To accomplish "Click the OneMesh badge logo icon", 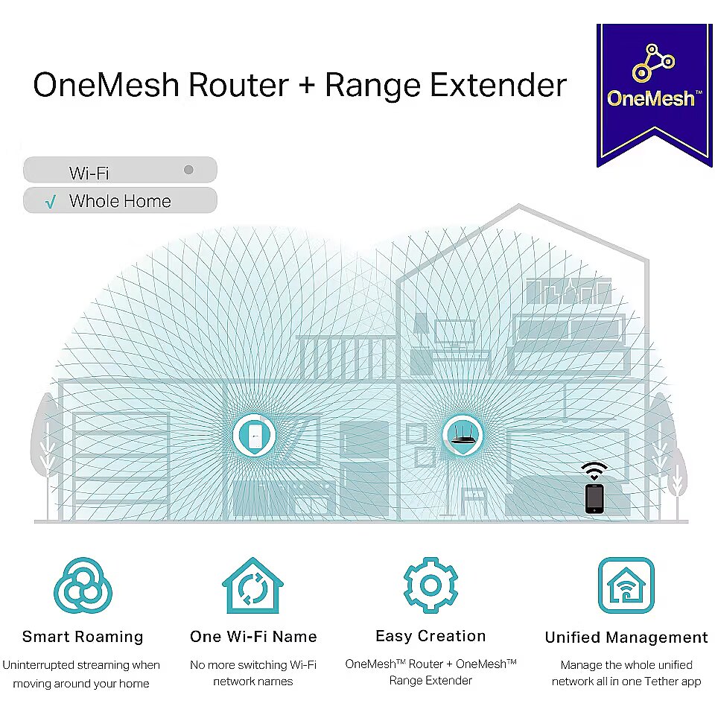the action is (x=653, y=63).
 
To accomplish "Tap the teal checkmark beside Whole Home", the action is (x=51, y=202).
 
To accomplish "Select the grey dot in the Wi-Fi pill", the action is (x=188, y=170).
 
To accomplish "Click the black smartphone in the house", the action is (x=594, y=499).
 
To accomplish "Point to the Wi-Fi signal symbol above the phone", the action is (x=594, y=471).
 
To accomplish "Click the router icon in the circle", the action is (x=463, y=436).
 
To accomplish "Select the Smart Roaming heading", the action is (x=83, y=637).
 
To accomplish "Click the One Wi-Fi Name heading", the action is (x=253, y=637).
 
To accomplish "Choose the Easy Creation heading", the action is (x=431, y=636).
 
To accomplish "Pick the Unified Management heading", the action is (x=626, y=637).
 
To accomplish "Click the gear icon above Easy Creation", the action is (x=431, y=585).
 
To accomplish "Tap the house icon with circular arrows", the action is (x=253, y=586).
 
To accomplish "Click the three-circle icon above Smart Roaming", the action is (x=83, y=585).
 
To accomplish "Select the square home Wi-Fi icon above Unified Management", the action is (x=626, y=585).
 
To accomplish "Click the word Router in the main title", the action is (x=238, y=85).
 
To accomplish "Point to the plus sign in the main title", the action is (x=308, y=86).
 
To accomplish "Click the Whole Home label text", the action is (x=120, y=201).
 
